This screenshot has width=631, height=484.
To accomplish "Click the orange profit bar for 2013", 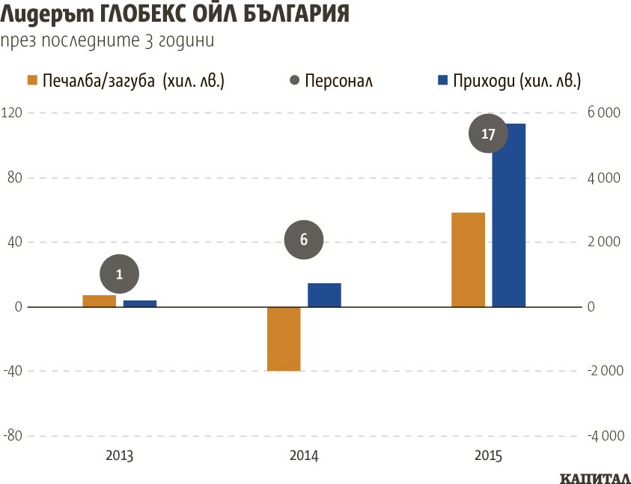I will coord(99,301).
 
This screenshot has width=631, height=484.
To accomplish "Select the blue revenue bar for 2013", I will coord(140,303).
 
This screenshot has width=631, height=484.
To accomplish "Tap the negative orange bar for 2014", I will coord(284,339).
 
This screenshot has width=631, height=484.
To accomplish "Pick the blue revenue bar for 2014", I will coord(324,295).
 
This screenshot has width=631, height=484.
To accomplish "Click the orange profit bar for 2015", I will coord(469,260).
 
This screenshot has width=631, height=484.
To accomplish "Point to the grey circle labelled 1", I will coord(119,275).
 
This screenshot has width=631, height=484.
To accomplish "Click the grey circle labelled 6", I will coord(304,240).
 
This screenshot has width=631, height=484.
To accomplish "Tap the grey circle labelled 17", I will coord(488,135).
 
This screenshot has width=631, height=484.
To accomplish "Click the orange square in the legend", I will coord(31,80).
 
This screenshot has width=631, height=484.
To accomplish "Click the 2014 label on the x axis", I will coord(304,456).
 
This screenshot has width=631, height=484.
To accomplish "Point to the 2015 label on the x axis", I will coord(488,456).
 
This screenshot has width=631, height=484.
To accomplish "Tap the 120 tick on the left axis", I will coord(13,113).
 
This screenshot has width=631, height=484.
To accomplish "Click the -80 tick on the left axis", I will coord(13,436).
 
